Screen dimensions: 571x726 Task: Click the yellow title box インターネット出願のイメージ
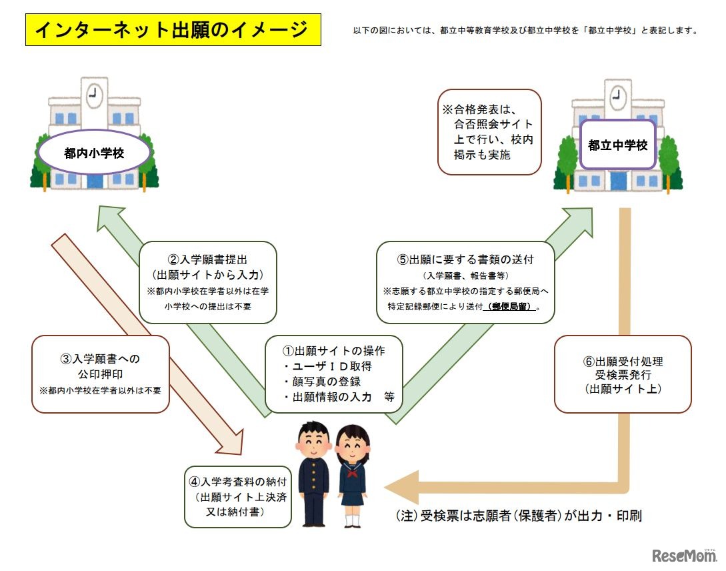tap(173, 30)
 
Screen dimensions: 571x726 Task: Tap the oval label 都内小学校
tap(94, 153)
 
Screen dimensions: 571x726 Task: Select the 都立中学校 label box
tap(617, 145)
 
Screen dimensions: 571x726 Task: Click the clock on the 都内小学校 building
tap(94, 95)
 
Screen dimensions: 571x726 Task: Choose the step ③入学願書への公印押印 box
tap(101, 374)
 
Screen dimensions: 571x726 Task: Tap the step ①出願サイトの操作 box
tap(334, 374)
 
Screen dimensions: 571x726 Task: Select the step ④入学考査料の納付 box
tap(239, 496)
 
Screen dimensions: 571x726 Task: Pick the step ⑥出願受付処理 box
tap(623, 374)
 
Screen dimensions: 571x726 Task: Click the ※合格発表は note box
tap(489, 132)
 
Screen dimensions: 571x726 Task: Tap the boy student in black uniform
tap(313, 474)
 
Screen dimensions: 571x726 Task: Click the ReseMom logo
tap(683, 555)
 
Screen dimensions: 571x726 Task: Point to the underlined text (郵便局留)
tap(513, 308)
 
